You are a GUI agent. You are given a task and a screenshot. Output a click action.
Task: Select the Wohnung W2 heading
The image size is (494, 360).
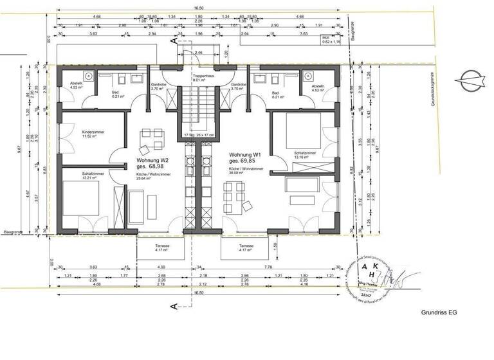pos(152,162)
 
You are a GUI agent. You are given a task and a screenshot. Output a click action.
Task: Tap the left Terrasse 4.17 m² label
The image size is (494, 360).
pos(162,248)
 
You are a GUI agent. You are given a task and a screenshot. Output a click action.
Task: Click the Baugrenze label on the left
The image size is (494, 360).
pos(13,231)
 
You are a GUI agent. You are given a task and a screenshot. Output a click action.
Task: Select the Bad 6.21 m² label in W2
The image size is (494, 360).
pos(117,93)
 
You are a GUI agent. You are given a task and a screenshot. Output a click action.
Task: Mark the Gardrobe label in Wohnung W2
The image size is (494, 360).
pos(159,86)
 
